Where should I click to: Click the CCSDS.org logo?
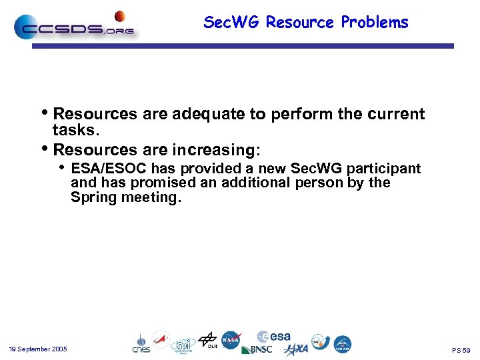[x=73, y=28]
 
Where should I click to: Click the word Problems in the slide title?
[x=375, y=23]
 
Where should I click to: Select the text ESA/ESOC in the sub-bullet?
[x=109, y=169]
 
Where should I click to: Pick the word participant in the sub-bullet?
[x=386, y=169]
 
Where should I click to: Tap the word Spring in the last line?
[x=94, y=197]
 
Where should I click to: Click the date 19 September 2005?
[x=38, y=349]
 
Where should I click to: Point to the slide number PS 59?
[x=461, y=350]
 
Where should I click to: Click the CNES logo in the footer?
[x=141, y=344]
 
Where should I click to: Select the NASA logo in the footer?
[x=231, y=340]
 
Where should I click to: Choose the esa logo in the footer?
[x=274, y=337]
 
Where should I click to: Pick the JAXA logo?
[x=297, y=349]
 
